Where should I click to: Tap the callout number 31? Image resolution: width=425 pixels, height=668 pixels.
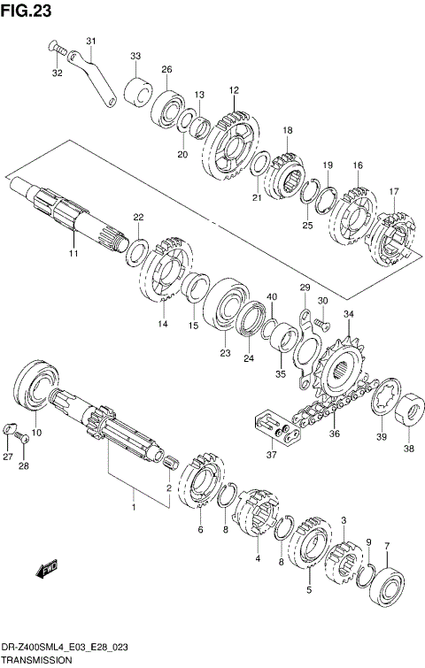(x=91, y=42)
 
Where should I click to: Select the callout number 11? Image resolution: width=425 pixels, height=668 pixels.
(x=73, y=254)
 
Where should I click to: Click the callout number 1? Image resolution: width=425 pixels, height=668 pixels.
(x=134, y=508)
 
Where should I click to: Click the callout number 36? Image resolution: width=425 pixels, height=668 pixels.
(x=335, y=434)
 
